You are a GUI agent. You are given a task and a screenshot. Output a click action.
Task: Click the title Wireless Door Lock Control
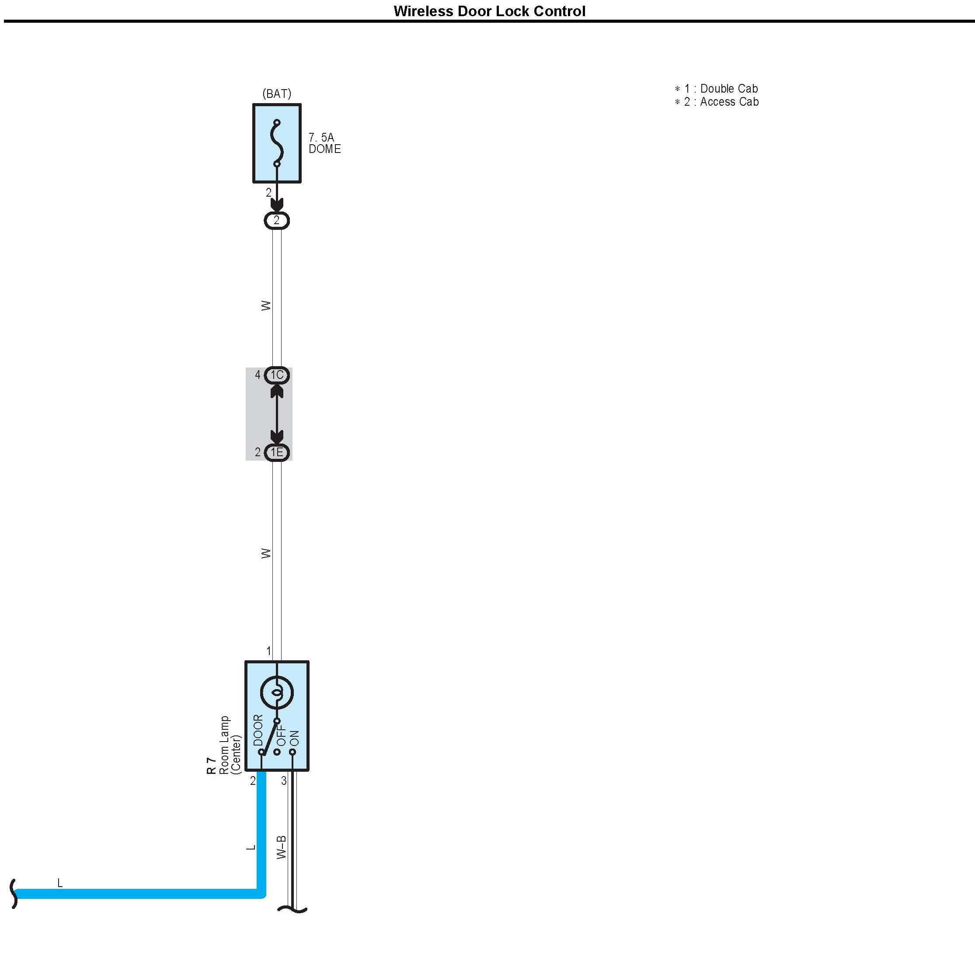click(489, 11)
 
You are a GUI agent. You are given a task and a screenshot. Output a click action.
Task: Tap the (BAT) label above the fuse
click(277, 94)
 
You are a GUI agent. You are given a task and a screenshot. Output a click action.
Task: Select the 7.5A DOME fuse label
click(324, 143)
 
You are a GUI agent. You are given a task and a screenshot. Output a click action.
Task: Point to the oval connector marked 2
click(277, 221)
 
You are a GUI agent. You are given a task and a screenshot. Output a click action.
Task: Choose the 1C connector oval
click(277, 375)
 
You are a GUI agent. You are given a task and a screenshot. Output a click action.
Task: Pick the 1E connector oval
click(277, 452)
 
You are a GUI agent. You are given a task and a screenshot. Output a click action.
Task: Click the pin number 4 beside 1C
click(258, 375)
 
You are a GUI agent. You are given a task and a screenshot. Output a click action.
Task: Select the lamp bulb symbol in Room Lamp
click(277, 693)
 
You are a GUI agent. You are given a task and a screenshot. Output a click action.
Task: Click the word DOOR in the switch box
click(258, 730)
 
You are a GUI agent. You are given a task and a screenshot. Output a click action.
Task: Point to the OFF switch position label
click(282, 735)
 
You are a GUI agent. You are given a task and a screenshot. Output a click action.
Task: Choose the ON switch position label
click(295, 738)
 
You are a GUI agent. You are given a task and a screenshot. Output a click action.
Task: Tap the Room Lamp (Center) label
click(230, 745)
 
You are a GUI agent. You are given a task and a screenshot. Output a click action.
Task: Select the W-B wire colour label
click(282, 847)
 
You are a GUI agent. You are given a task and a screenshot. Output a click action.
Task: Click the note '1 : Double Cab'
click(717, 88)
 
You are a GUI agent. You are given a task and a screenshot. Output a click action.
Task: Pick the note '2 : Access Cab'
click(717, 102)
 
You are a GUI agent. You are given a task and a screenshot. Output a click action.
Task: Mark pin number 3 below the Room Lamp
click(284, 780)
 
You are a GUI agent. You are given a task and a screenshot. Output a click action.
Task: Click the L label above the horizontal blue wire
click(60, 883)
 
